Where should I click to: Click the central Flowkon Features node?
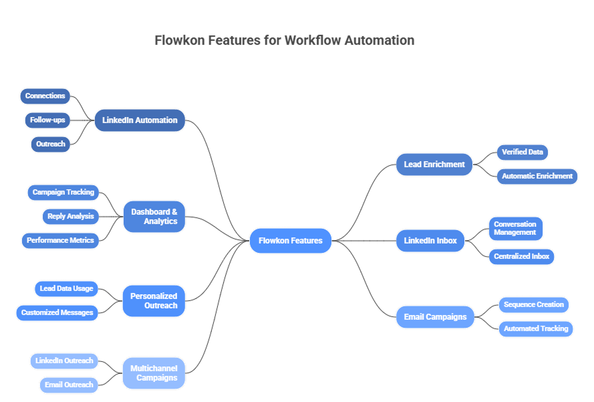[x=290, y=241]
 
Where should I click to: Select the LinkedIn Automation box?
[x=140, y=120]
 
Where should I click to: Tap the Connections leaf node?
[x=45, y=96]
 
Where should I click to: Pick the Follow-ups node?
[x=47, y=120]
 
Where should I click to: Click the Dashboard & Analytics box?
[x=154, y=217]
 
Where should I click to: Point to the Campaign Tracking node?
[x=63, y=193]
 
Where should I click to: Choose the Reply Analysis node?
[x=70, y=217]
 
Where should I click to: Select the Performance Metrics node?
[x=60, y=240]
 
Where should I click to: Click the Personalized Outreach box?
[x=154, y=301]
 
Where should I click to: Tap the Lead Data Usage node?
[x=66, y=289]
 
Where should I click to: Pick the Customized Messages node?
[x=57, y=312]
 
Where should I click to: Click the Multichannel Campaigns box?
[x=153, y=373]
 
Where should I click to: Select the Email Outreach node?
[x=69, y=385]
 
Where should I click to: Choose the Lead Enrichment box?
[x=434, y=165]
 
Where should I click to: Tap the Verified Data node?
[x=522, y=153]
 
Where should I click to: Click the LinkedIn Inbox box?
[x=430, y=241]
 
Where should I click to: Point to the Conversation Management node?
[x=515, y=228]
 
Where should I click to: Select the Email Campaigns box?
[x=435, y=317]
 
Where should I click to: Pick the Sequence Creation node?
[x=533, y=305]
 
